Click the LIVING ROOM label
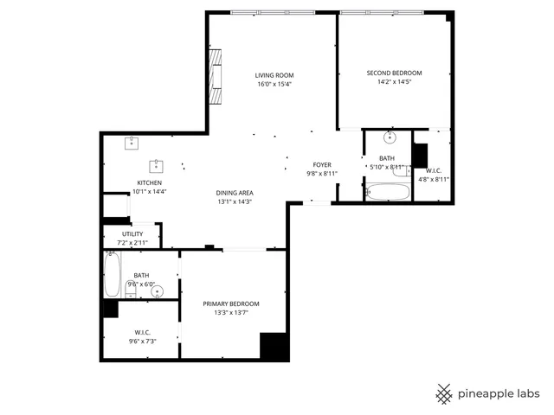274,75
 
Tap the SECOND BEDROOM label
394,73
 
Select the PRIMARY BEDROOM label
231,303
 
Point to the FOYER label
323,164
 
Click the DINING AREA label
235,192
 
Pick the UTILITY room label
132,233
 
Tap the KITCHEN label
150,182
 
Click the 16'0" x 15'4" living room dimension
274,85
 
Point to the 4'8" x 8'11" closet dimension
434,179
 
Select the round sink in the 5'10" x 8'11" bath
390,137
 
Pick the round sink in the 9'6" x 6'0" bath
157,291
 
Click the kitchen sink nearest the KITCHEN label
158,164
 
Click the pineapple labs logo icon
444,393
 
